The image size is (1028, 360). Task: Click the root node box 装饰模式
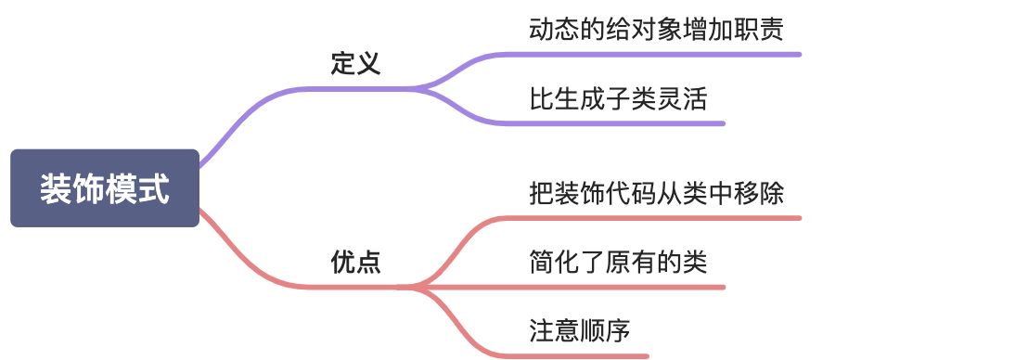(105, 188)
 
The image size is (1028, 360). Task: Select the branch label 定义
(355, 64)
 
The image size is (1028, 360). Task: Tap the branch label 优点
(355, 263)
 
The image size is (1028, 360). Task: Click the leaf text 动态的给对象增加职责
(656, 30)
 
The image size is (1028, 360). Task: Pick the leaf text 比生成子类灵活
(618, 98)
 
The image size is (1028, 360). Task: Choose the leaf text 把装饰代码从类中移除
(656, 193)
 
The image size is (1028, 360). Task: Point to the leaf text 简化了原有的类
(618, 263)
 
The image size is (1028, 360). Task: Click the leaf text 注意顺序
(580, 331)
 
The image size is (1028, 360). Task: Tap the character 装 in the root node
(54, 189)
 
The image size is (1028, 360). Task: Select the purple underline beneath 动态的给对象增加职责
(649, 54)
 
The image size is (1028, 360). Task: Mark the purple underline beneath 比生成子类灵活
(612, 122)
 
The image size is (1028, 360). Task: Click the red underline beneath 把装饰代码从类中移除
(649, 218)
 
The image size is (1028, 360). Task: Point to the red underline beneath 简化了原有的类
(612, 287)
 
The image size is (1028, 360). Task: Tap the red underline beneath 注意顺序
(575, 355)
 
